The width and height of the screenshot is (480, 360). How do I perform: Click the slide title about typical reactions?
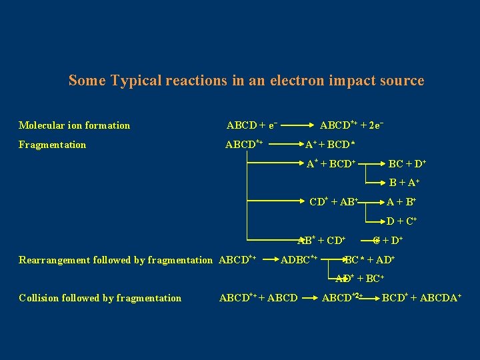point(246,81)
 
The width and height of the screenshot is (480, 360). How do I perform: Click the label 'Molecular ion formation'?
point(75,125)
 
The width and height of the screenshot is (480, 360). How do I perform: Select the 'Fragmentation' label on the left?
point(53,145)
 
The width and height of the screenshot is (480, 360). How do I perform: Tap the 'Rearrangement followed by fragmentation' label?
point(116,260)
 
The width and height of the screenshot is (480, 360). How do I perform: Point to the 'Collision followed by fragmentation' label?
point(100,298)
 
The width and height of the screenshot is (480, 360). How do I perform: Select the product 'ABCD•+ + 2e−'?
point(351,125)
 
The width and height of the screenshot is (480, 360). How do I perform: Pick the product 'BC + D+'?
point(407,163)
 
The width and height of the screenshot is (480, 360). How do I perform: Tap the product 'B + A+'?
point(403,182)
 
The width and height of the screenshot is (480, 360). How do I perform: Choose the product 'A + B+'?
point(402,201)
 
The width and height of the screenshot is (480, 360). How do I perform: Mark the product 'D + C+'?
point(402,221)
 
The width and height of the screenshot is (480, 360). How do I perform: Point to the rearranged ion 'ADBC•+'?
point(300,260)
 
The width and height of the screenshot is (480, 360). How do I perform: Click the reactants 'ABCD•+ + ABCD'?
point(259,298)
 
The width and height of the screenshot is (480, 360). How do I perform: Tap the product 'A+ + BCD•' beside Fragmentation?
point(329,145)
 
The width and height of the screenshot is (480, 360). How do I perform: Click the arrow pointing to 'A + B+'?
point(372,201)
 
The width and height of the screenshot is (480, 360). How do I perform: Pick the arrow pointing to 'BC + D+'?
point(373,163)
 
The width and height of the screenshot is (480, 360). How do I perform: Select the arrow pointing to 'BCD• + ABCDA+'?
point(371,298)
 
